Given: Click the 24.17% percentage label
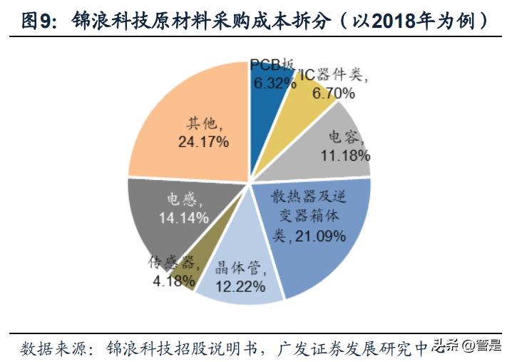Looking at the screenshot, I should (x=203, y=142).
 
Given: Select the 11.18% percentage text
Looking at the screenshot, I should (x=345, y=155).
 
